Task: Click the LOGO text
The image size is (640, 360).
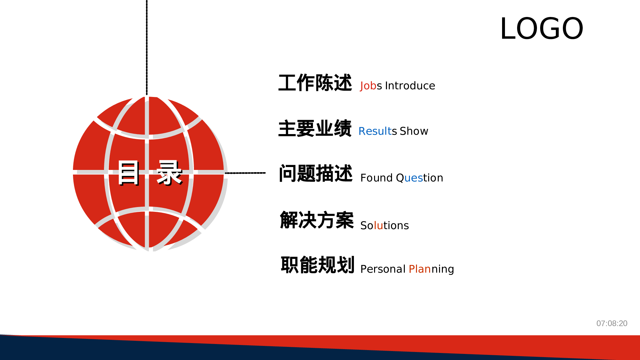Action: pyautogui.click(x=542, y=29)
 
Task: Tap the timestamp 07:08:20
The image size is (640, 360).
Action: pyautogui.click(x=612, y=323)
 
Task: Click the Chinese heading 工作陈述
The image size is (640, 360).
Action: pyautogui.click(x=315, y=83)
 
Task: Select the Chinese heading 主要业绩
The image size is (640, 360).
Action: pyautogui.click(x=315, y=128)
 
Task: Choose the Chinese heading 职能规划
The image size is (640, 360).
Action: pyautogui.click(x=317, y=265)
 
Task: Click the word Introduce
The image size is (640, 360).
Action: pyautogui.click(x=410, y=86)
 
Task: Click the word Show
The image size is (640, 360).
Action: pyautogui.click(x=414, y=131)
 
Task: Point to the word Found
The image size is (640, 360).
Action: pyautogui.click(x=376, y=178)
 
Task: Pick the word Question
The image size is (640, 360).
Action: pyautogui.click(x=420, y=178)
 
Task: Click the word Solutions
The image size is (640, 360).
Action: pyautogui.click(x=385, y=226)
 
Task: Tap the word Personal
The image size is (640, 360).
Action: pyautogui.click(x=383, y=269)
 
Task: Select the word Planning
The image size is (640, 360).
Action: pyautogui.click(x=431, y=269)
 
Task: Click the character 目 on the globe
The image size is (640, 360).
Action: pyautogui.click(x=129, y=173)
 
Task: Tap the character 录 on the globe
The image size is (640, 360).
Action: pyautogui.click(x=169, y=173)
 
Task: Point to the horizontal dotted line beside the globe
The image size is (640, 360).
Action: pyautogui.click(x=245, y=173)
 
